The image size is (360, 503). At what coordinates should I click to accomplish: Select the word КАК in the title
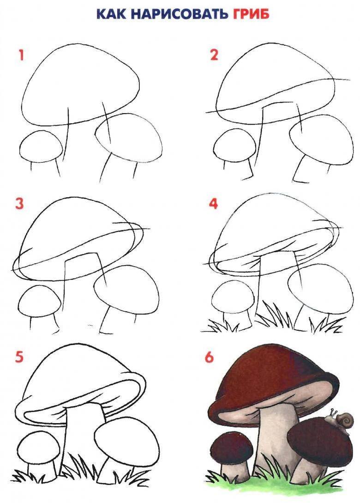tap(112, 14)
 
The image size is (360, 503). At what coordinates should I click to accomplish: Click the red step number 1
tap(22, 55)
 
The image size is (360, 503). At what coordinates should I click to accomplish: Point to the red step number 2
tap(214, 55)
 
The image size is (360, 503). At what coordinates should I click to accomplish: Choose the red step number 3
tap(19, 203)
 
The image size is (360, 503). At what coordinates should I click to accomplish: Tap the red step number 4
tap(213, 203)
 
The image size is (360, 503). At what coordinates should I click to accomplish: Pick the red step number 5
tap(19, 357)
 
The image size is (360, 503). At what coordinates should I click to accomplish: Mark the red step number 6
tap(209, 357)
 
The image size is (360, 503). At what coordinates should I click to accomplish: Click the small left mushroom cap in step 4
tap(233, 297)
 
